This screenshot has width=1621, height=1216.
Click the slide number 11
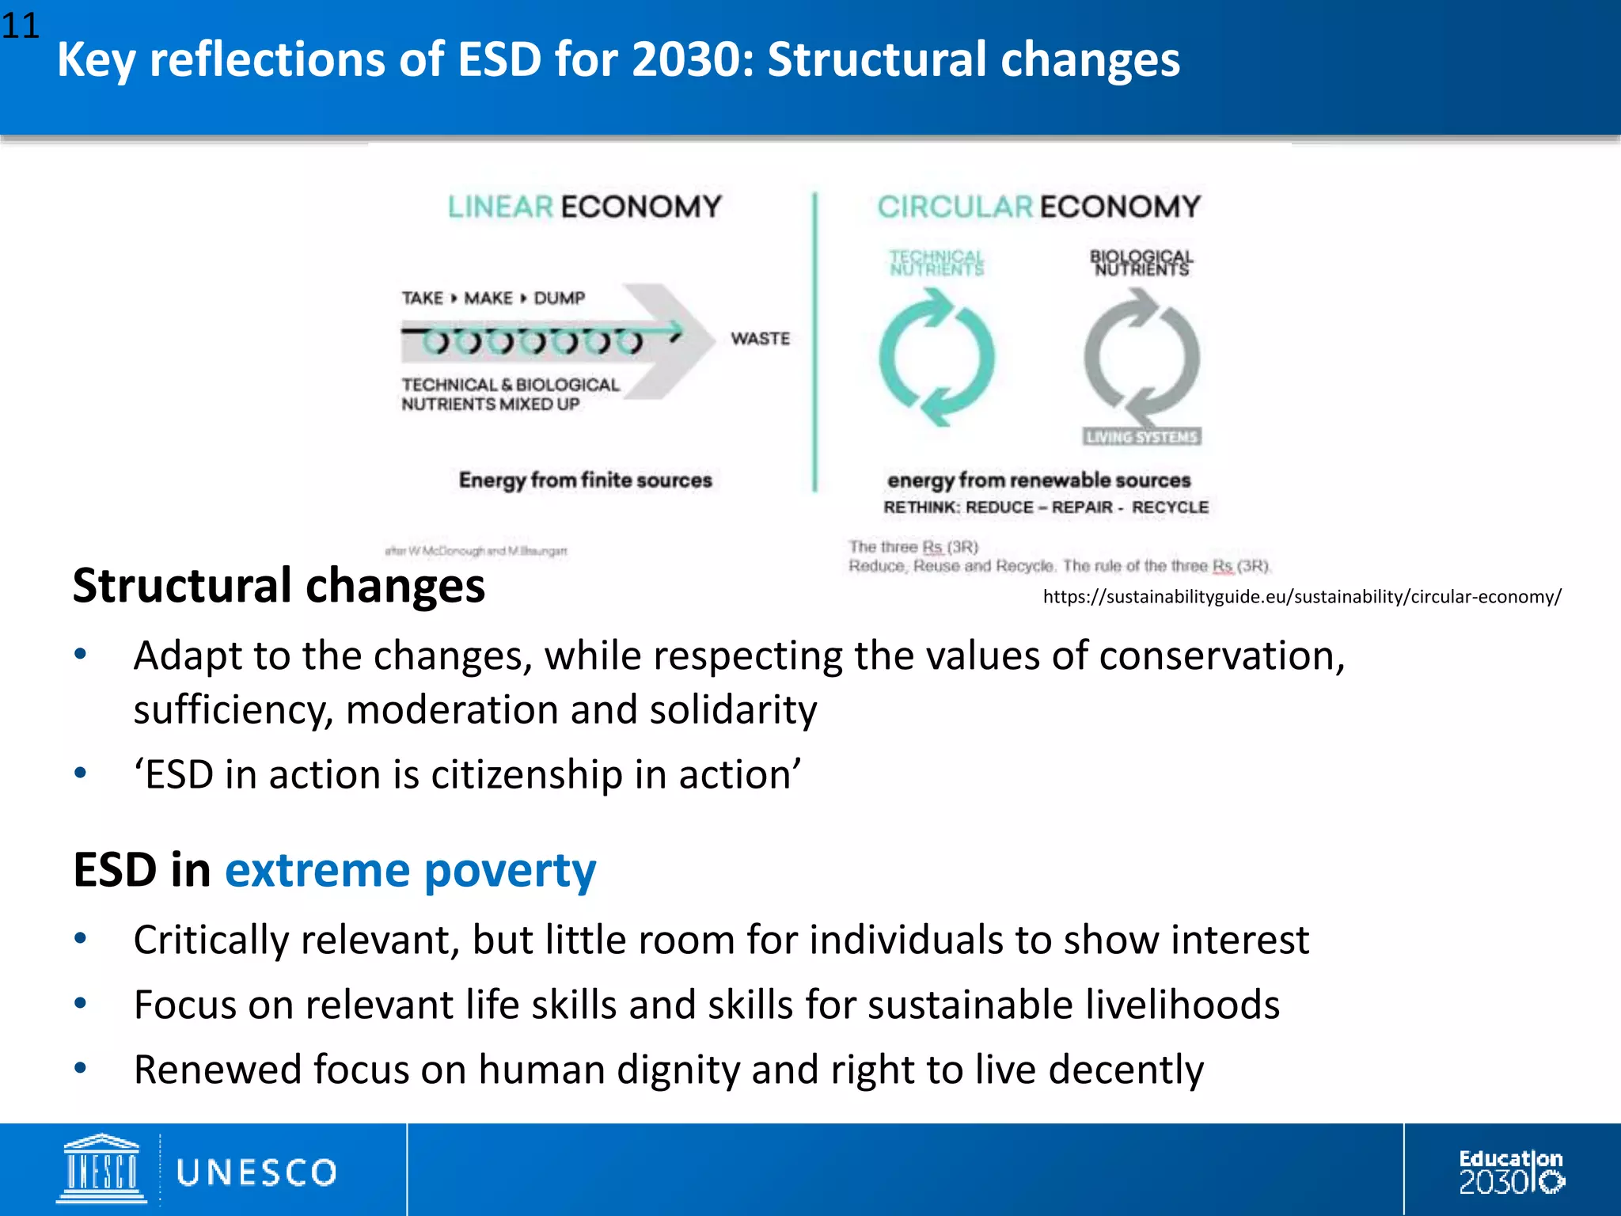pos(20,26)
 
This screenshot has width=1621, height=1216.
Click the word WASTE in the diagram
pos(760,339)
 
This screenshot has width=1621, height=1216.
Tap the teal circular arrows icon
pos(936,357)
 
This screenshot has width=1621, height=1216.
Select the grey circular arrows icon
pos(1141,357)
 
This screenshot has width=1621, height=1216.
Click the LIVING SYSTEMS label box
pos(1141,437)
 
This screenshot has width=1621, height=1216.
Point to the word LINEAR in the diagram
pos(500,207)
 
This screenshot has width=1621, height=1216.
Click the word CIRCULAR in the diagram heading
pos(955,207)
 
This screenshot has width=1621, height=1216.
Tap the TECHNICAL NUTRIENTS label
pos(936,263)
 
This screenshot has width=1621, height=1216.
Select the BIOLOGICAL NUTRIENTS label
pos(1141,263)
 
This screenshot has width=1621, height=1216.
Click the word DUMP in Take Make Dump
pos(559,298)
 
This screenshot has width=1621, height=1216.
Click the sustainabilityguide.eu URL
pos(1301,597)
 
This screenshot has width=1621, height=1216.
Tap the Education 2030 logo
pos(1510,1172)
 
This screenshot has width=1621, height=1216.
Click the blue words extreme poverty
pos(410,870)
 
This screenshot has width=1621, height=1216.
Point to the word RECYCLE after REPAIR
pos(1170,507)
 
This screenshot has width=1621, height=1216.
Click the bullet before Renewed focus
pos(80,1068)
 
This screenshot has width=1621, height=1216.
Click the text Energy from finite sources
pos(585,480)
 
